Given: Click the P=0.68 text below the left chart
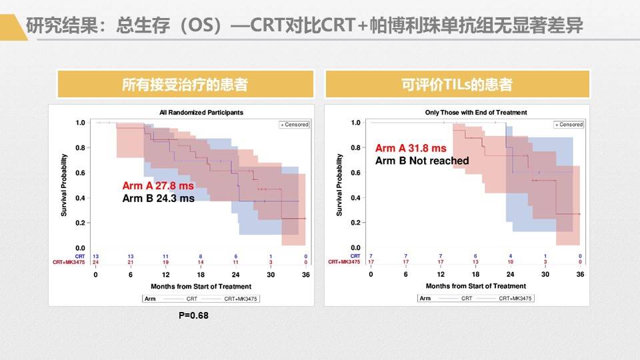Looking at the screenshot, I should (193, 315).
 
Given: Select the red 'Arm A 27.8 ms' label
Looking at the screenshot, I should (158, 186).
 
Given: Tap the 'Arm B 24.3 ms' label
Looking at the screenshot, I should (158, 198).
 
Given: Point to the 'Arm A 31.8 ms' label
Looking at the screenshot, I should (411, 148).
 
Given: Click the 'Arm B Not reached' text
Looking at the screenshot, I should (421, 161).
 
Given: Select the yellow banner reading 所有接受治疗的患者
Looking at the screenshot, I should (185, 85).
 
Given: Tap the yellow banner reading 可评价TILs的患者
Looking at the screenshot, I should (457, 85).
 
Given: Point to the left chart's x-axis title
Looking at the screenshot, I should (200, 286).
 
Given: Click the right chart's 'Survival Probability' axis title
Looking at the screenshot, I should (339, 185).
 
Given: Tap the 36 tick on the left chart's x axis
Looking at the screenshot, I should (305, 275).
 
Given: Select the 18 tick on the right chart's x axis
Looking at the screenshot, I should (475, 275).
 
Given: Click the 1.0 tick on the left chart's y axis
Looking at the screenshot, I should (81, 123).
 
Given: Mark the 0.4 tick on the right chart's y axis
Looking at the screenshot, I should (355, 198).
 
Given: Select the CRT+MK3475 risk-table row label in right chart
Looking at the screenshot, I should (344, 262).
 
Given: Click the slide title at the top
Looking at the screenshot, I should (303, 26).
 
